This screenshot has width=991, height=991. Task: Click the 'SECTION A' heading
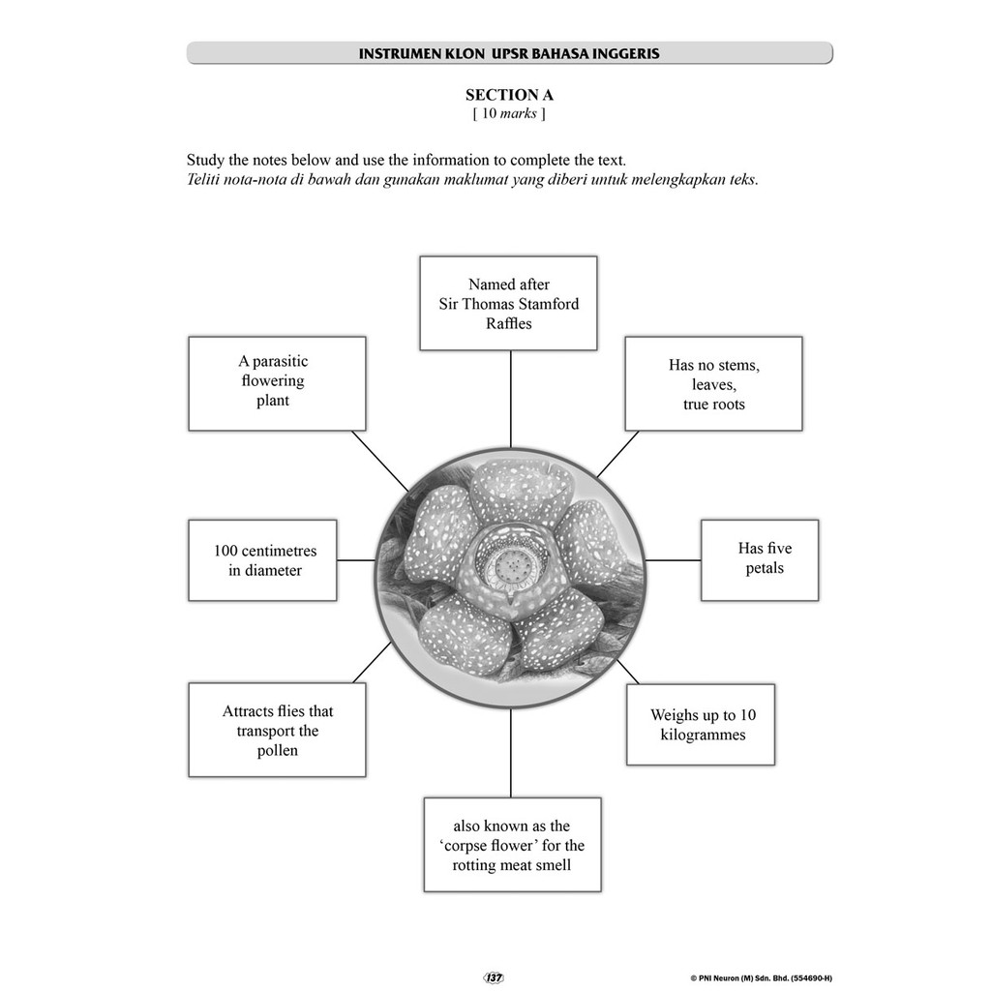(509, 95)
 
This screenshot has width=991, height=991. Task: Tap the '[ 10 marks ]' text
(509, 114)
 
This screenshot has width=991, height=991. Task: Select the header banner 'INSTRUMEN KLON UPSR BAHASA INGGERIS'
(509, 53)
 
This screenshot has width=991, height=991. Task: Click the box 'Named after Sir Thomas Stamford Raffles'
(508, 303)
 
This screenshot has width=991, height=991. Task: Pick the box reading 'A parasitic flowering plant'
(277, 383)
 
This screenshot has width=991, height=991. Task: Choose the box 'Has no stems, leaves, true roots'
(713, 384)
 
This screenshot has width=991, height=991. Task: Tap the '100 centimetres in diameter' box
(262, 560)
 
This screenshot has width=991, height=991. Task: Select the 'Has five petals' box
(760, 559)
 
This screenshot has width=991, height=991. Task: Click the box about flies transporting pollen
(277, 730)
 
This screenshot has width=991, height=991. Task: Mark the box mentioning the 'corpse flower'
(512, 844)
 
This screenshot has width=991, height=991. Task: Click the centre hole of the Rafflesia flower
(509, 562)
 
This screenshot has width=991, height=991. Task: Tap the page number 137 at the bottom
(494, 977)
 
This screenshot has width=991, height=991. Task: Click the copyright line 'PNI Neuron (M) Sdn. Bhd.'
(760, 978)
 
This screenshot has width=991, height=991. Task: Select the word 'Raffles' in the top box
(508, 323)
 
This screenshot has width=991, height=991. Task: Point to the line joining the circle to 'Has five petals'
(673, 559)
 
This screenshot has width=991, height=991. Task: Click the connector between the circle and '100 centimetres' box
(356, 560)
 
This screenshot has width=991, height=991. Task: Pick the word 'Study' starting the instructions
(205, 160)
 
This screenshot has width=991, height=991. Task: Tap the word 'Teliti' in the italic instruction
(204, 179)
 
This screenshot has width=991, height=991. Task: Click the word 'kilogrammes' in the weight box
(703, 735)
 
